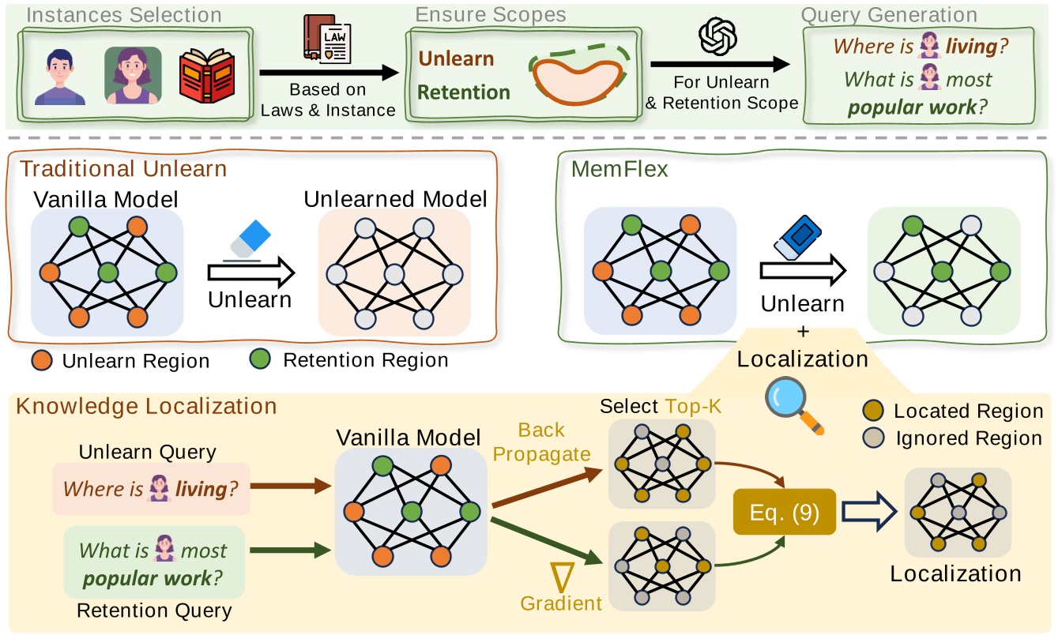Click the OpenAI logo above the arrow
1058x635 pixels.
717,36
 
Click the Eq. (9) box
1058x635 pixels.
785,511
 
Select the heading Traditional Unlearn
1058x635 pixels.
123,169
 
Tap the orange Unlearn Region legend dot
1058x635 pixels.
43,360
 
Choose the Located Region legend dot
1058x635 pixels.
875,411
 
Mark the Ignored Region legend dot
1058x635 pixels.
875,438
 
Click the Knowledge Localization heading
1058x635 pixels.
147,406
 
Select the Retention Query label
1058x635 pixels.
154,610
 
